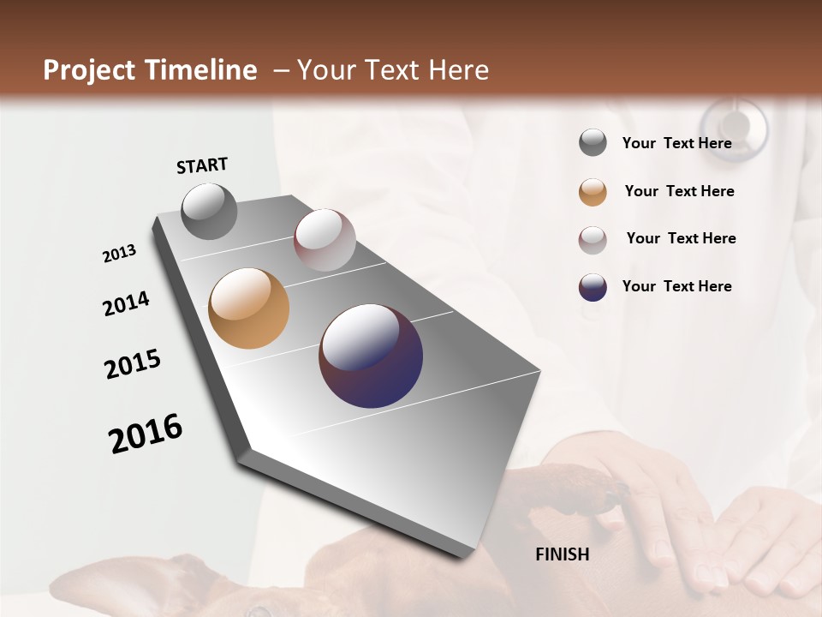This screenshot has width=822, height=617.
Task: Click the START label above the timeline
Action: click(202, 165)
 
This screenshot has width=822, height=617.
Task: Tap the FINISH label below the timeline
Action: click(563, 554)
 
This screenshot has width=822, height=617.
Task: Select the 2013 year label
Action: click(119, 254)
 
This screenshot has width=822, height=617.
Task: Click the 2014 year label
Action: click(126, 303)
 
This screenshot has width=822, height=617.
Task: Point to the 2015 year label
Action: click(133, 364)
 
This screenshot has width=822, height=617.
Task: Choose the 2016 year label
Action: click(146, 433)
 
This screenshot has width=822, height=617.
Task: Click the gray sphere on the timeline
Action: click(210, 211)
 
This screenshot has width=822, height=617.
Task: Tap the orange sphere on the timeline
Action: click(248, 308)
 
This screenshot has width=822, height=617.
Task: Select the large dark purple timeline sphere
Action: click(371, 356)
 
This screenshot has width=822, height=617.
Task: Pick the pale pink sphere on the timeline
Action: click(325, 240)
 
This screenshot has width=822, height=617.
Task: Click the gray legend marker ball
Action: click(593, 143)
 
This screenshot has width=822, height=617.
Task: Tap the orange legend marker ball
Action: click(593, 192)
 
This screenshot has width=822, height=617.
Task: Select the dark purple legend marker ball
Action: click(593, 287)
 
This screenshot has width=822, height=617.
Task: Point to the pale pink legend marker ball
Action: click(593, 240)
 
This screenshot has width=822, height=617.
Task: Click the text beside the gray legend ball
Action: click(676, 143)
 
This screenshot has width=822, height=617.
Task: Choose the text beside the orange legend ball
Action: click(679, 191)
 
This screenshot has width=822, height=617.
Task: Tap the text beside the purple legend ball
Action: click(676, 286)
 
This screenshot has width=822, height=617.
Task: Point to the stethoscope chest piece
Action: click(734, 129)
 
